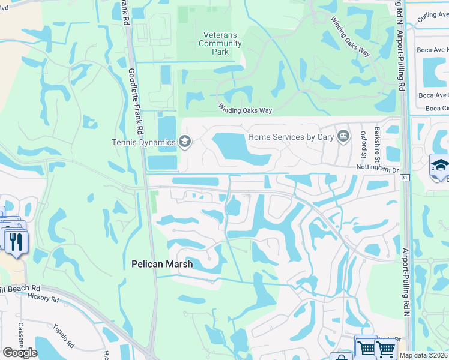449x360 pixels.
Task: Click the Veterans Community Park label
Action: click(220, 43)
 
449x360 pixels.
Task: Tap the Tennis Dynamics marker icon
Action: click(185, 142)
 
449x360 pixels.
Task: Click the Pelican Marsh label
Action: click(158, 263)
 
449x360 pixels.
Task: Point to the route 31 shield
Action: click(405, 178)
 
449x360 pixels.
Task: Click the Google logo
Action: click(20, 352)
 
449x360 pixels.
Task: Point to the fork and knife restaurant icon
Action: click(16, 241)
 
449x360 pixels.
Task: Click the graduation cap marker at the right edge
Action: click(440, 166)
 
